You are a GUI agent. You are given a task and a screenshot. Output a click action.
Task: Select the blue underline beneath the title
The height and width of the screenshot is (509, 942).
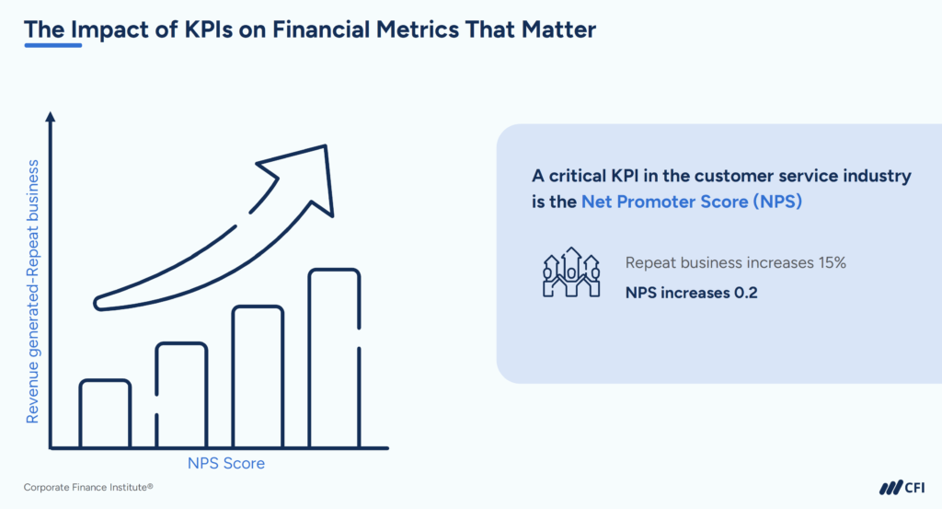click(x=52, y=46)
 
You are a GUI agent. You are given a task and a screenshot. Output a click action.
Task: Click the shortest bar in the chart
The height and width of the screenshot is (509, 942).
click(x=105, y=413)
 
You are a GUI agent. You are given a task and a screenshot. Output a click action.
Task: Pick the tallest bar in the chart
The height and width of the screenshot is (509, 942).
click(x=334, y=358)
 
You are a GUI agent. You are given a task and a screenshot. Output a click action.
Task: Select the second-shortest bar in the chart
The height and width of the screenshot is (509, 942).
click(x=181, y=395)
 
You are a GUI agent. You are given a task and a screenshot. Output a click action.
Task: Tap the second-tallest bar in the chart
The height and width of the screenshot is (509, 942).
click(x=258, y=376)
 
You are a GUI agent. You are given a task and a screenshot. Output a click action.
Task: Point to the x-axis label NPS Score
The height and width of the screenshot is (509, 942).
click(x=225, y=463)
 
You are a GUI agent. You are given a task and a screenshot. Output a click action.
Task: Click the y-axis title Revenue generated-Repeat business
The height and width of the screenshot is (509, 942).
click(x=32, y=291)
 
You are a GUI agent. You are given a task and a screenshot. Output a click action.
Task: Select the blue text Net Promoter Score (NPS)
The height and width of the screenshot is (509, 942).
click(x=692, y=202)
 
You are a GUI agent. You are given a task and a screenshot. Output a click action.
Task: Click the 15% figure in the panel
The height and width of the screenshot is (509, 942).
click(x=830, y=263)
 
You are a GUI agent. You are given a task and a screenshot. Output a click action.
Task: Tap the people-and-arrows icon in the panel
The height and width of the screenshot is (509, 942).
click(x=571, y=272)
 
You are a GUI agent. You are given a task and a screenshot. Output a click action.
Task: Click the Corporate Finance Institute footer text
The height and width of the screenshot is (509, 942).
click(x=87, y=486)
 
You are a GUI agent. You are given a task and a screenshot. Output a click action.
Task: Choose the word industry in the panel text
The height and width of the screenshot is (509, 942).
click(x=876, y=175)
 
